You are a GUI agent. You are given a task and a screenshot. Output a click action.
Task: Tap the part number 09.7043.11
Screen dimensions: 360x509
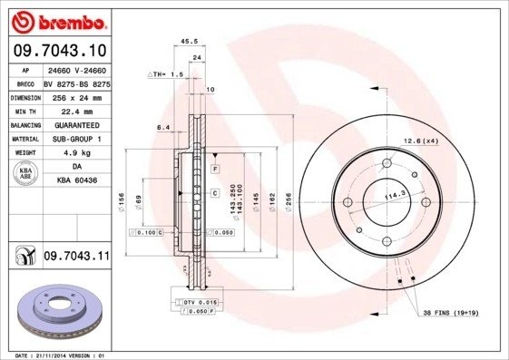(76, 257)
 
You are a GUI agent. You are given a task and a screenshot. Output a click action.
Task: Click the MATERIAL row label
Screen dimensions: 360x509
(24, 139)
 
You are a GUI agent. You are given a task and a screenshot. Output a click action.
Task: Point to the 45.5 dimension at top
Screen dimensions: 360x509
(190, 41)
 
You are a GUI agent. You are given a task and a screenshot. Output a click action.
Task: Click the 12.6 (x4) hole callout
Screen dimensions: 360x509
(420, 141)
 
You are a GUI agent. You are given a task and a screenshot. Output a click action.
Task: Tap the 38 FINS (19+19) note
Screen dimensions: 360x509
(452, 314)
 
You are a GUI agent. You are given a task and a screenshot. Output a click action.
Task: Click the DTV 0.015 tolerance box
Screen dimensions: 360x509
(195, 300)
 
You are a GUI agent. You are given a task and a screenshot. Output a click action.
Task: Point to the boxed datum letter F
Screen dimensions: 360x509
(215, 170)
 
